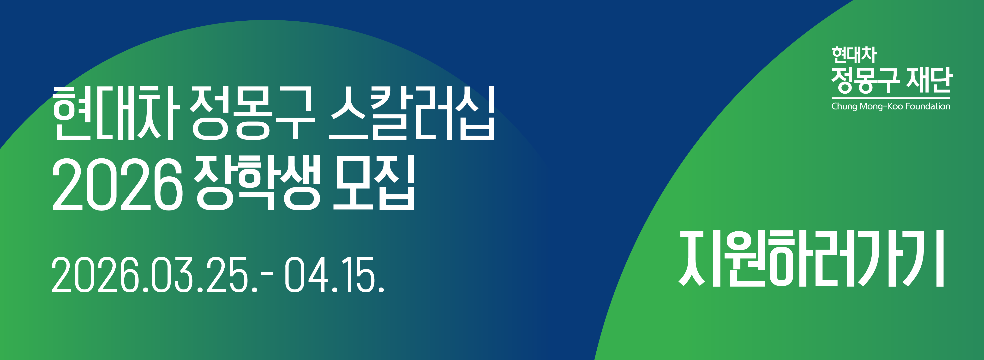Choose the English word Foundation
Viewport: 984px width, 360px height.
(x=927, y=105)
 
